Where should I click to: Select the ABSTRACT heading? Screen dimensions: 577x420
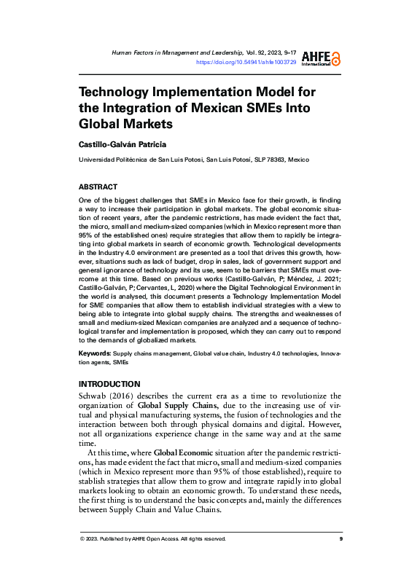97,187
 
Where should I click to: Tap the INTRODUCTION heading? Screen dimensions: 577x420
109,384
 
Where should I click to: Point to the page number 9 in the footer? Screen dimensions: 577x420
341,538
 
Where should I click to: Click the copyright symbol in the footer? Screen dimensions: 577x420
82,538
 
